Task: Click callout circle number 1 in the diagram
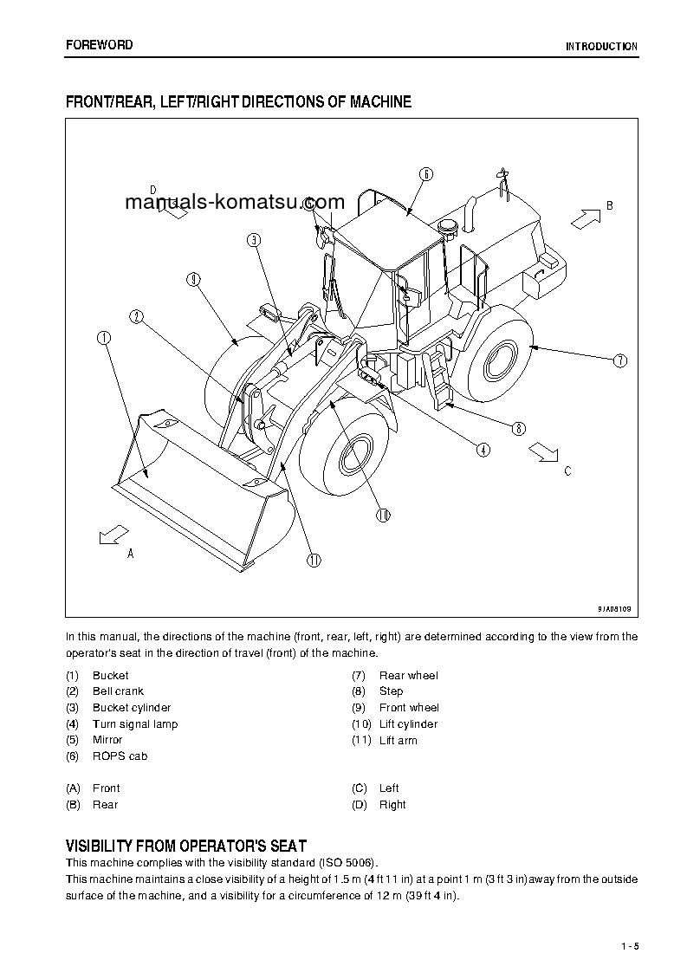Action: [104, 338]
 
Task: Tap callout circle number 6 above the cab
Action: [426, 174]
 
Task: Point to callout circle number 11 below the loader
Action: [313, 560]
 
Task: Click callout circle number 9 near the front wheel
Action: [193, 279]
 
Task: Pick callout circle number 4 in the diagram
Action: [483, 449]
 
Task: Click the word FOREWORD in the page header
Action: [100, 45]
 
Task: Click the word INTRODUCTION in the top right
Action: [601, 47]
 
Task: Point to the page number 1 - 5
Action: [629, 945]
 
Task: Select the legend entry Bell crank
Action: [118, 691]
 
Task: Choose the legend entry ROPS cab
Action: [120, 756]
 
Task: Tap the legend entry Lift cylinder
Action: [408, 724]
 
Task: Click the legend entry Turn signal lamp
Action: [134, 724]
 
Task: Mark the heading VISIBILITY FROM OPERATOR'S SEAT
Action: [186, 846]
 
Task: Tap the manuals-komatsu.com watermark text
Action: [235, 203]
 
